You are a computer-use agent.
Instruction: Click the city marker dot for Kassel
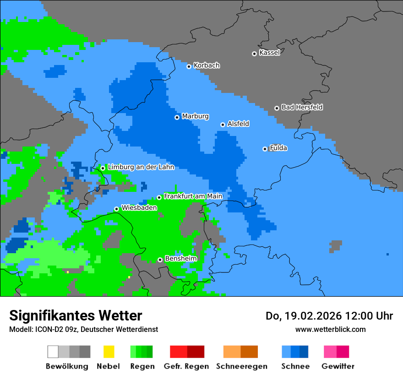tap(254, 54)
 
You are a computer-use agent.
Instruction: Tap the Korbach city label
tap(207, 65)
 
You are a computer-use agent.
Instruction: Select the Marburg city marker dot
tap(177, 117)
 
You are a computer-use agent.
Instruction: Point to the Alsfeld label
tap(238, 124)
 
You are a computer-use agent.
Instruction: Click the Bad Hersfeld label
tap(302, 107)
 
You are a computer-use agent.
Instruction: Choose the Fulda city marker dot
tap(265, 149)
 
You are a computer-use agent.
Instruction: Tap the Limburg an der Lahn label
tap(141, 167)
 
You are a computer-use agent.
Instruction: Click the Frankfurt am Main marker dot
tap(159, 197)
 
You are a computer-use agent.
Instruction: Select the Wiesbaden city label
tap(139, 207)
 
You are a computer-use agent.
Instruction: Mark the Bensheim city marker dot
tap(160, 260)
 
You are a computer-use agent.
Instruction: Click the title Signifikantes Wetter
tap(76, 315)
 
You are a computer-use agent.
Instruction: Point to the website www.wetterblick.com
tap(330, 329)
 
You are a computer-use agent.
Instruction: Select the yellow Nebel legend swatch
tap(109, 352)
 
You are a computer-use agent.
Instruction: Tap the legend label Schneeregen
tap(242, 366)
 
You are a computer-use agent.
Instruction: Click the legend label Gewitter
tap(338, 366)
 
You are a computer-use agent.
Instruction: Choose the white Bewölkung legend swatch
tap(53, 352)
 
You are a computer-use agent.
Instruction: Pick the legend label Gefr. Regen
tap(186, 366)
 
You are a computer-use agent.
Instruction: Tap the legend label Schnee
tap(295, 366)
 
